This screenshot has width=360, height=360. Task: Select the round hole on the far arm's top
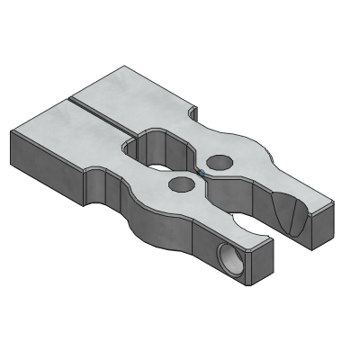pyautogui.click(x=221, y=162)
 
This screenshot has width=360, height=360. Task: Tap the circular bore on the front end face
pyautogui.click(x=230, y=261)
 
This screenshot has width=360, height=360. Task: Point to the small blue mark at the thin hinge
pyautogui.click(x=202, y=173)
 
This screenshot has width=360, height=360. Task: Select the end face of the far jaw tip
pyautogui.click(x=319, y=226)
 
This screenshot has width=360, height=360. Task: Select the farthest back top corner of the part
pyautogui.click(x=121, y=67)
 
